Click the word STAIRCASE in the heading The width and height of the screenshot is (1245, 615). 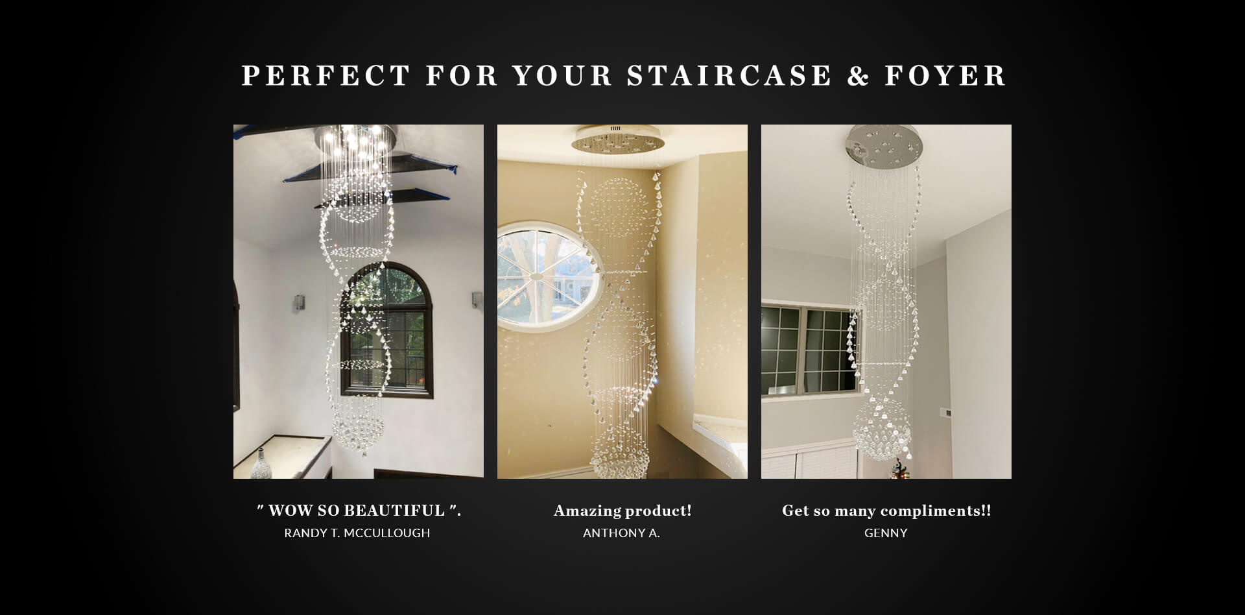click(729, 75)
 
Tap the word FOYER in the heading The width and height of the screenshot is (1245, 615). click(945, 75)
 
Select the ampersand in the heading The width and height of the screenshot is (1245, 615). click(858, 76)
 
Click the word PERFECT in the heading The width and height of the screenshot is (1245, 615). click(326, 75)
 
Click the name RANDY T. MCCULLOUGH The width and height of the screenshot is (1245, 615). click(357, 533)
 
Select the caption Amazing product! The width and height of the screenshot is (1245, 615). click(622, 511)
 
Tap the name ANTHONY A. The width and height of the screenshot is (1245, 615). click(621, 533)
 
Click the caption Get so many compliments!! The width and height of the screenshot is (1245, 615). click(886, 511)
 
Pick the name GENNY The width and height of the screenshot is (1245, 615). click(886, 533)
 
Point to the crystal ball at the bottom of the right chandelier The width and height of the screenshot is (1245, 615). click(881, 429)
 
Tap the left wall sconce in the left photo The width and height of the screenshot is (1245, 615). click(300, 303)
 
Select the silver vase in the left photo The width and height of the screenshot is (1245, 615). click(260, 463)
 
